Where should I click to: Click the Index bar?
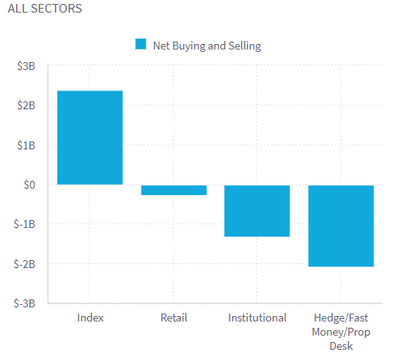click(90, 138)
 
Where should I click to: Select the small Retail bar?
click(174, 189)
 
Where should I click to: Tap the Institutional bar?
click(257, 211)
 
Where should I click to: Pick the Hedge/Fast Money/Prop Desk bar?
click(340, 226)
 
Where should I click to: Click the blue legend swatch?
click(141, 45)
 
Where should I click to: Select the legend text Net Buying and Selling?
click(207, 46)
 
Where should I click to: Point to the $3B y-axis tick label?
click(25, 67)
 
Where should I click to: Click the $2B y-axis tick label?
click(25, 106)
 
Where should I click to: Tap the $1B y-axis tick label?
click(25, 145)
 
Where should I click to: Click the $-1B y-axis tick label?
click(24, 224)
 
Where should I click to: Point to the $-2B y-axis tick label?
click(24, 264)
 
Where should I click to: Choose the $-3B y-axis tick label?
click(24, 303)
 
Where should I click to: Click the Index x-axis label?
click(90, 318)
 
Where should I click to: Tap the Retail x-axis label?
click(174, 318)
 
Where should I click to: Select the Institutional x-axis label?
click(257, 318)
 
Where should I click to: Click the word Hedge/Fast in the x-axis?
click(340, 318)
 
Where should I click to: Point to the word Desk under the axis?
click(340, 346)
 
